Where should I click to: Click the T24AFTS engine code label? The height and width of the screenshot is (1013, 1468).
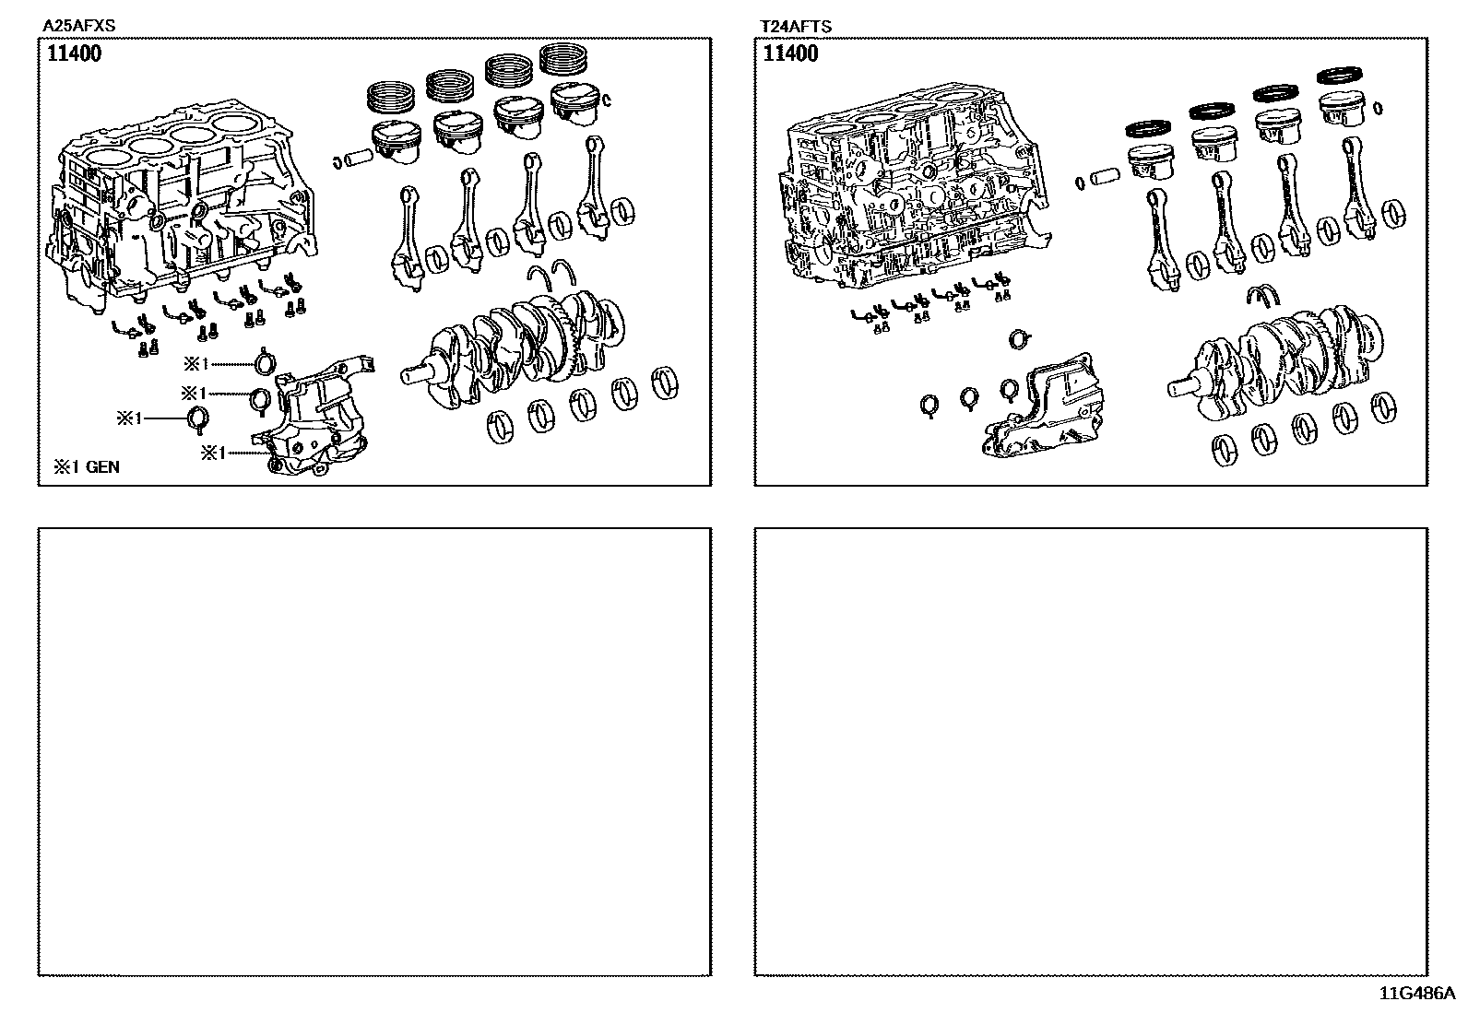coord(794,27)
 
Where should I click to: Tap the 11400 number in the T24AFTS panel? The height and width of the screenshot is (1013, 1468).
coord(790,53)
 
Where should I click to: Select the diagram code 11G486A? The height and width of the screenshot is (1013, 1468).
coord(1415,994)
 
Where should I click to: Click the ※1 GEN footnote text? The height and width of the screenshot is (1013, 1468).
coord(86,467)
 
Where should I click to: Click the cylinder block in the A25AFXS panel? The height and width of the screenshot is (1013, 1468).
coord(184,207)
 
